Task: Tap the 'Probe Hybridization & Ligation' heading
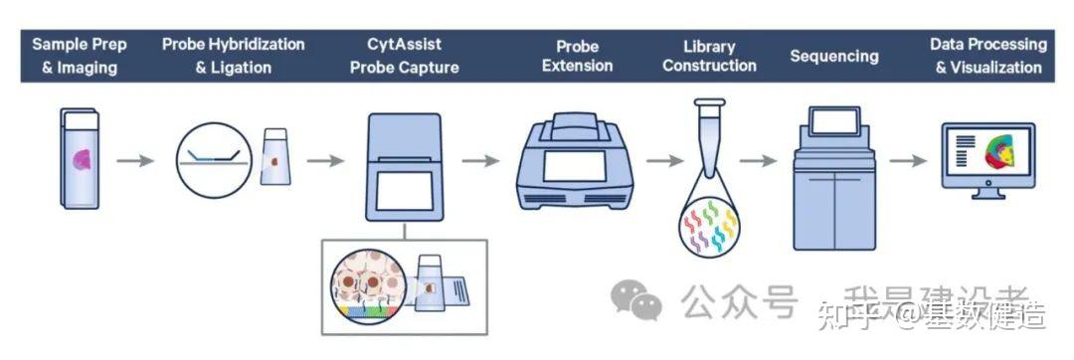coord(234,56)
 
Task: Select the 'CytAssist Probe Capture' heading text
coord(405,56)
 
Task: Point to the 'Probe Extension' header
coord(577,56)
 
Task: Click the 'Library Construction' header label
coord(709,56)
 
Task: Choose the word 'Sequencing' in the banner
coord(834,56)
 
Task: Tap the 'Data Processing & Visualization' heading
coord(988,56)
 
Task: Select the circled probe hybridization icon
coord(214,157)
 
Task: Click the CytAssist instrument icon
coord(404,163)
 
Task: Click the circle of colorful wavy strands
coord(709,228)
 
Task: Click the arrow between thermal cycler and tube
coord(665,159)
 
